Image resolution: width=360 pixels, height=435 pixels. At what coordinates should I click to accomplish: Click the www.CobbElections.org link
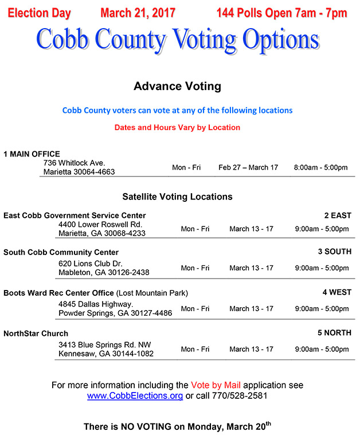click(135, 396)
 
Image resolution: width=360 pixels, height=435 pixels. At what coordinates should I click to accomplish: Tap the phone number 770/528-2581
click(240, 396)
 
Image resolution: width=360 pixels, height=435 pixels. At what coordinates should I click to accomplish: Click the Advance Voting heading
click(177, 87)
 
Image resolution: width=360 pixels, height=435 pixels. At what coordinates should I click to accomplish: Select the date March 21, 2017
click(138, 13)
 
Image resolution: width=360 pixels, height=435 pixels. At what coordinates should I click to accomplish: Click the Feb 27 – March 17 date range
click(248, 167)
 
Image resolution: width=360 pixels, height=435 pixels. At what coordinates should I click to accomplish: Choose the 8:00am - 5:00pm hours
click(320, 167)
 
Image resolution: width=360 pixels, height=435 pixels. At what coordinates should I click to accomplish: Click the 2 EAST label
click(337, 215)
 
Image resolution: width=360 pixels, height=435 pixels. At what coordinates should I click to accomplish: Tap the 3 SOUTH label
click(335, 252)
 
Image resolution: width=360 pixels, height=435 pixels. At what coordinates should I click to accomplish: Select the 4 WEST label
click(336, 292)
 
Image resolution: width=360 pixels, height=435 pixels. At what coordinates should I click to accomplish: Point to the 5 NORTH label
click(335, 333)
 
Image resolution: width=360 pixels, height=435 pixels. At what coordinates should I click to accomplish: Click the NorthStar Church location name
click(36, 334)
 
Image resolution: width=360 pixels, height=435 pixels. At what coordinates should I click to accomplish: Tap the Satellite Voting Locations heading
click(177, 197)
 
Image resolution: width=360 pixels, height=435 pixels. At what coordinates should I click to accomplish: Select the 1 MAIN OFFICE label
click(32, 154)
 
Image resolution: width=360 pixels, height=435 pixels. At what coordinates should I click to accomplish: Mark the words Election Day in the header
click(38, 13)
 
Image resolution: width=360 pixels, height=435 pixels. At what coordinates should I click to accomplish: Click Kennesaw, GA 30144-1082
click(106, 354)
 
